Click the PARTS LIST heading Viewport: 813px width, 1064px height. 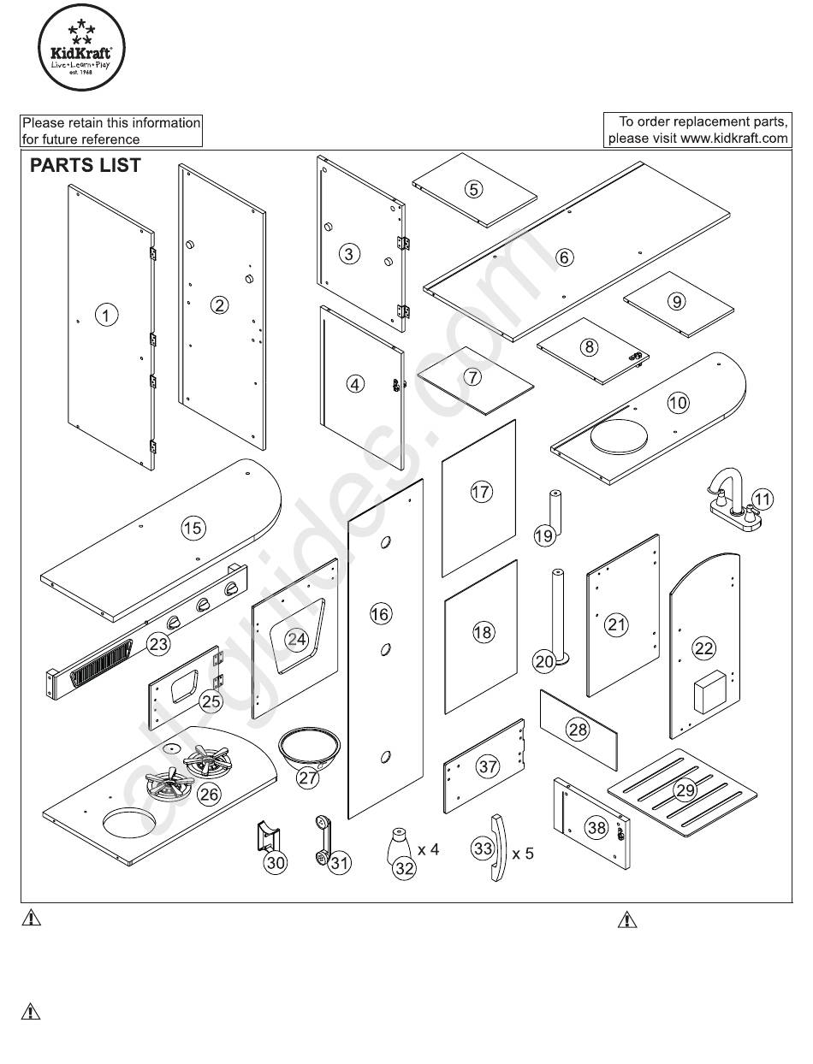pos(86,165)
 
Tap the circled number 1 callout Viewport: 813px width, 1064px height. pos(106,315)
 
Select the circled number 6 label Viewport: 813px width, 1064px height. pos(564,257)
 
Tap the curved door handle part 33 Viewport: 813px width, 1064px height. pos(498,848)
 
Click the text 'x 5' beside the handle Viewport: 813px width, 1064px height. pos(523,853)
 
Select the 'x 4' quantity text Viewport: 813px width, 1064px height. pos(428,849)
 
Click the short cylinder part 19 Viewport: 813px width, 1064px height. pos(555,511)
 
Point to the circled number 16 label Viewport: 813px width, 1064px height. pos(380,614)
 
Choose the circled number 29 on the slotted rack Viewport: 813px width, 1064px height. pos(685,790)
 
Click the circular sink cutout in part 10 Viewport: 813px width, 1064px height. pos(619,436)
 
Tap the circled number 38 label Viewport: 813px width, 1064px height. pos(596,827)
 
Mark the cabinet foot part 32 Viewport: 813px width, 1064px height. pos(399,844)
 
